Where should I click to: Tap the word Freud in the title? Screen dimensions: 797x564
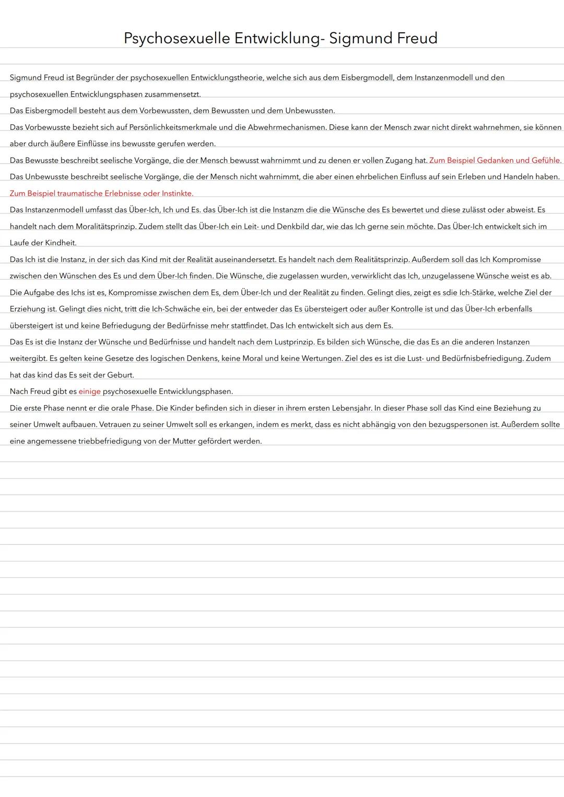pyautogui.click(x=412, y=38)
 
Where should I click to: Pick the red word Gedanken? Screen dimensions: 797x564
pyautogui.click(x=495, y=160)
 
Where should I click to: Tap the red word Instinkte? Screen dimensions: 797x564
pyautogui.click(x=177, y=194)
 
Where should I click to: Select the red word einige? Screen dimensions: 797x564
pyautogui.click(x=89, y=391)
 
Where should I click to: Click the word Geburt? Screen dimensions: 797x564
pyautogui.click(x=120, y=375)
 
